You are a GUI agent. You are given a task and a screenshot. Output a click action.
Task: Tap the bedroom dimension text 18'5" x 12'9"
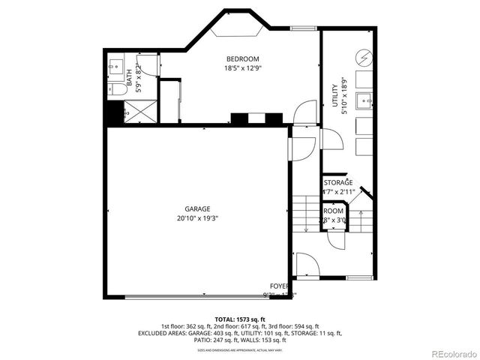click(x=242, y=68)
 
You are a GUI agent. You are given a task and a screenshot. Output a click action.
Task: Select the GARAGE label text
click(x=198, y=209)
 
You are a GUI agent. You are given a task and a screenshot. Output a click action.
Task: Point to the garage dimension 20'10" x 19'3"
click(x=198, y=218)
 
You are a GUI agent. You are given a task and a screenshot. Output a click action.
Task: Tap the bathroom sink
click(x=115, y=67)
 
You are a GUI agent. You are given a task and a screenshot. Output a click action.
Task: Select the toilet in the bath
click(x=116, y=89)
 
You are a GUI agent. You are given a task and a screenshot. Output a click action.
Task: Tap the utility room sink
click(x=364, y=98)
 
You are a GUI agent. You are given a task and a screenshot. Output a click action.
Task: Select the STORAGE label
click(x=338, y=182)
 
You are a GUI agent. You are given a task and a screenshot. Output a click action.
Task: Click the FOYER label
click(x=280, y=286)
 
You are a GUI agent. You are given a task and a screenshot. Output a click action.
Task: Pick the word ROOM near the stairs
click(x=334, y=211)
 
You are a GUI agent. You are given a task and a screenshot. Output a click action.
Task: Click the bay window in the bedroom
click(x=238, y=29)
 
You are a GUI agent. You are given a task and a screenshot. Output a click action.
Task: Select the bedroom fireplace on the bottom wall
click(x=256, y=118)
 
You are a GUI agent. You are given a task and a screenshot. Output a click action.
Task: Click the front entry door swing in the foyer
click(x=306, y=265)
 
